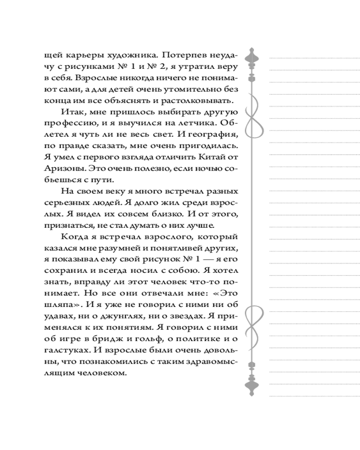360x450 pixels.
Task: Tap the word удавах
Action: pos(60,315)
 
